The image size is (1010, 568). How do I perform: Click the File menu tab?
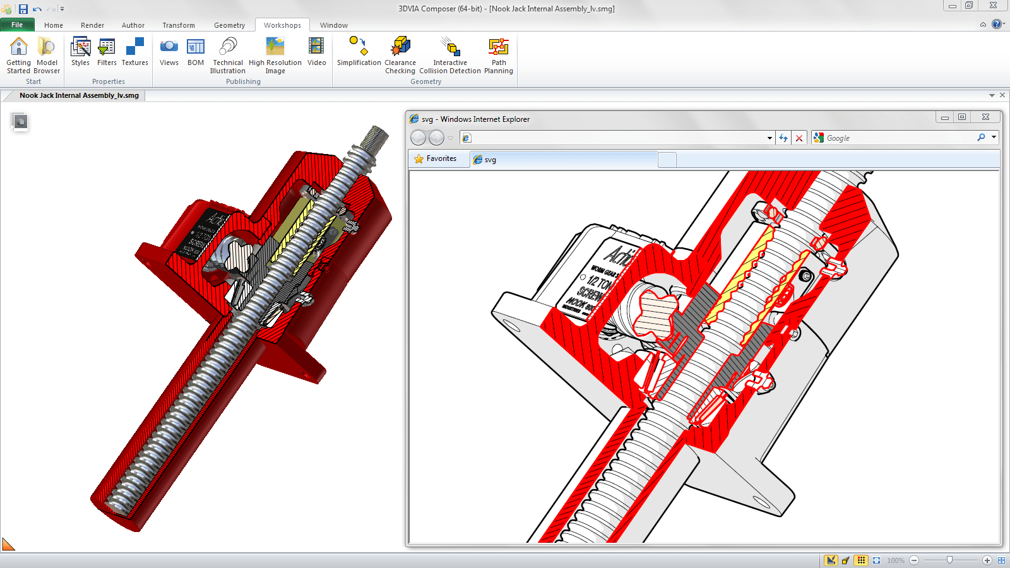[x=17, y=25]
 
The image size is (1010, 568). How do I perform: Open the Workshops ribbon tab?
[x=282, y=25]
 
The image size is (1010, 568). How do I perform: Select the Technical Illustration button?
[x=228, y=55]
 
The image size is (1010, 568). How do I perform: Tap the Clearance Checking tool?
[x=400, y=55]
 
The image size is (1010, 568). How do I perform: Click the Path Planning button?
[x=498, y=55]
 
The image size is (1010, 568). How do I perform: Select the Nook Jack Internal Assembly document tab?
[x=79, y=95]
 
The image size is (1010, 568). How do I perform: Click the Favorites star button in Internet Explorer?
[x=435, y=159]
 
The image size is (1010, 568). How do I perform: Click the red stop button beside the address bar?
[x=799, y=138]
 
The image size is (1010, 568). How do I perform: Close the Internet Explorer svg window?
[x=985, y=117]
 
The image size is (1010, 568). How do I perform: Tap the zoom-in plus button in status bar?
[x=987, y=560]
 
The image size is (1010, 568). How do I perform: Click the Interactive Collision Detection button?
[x=450, y=55]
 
